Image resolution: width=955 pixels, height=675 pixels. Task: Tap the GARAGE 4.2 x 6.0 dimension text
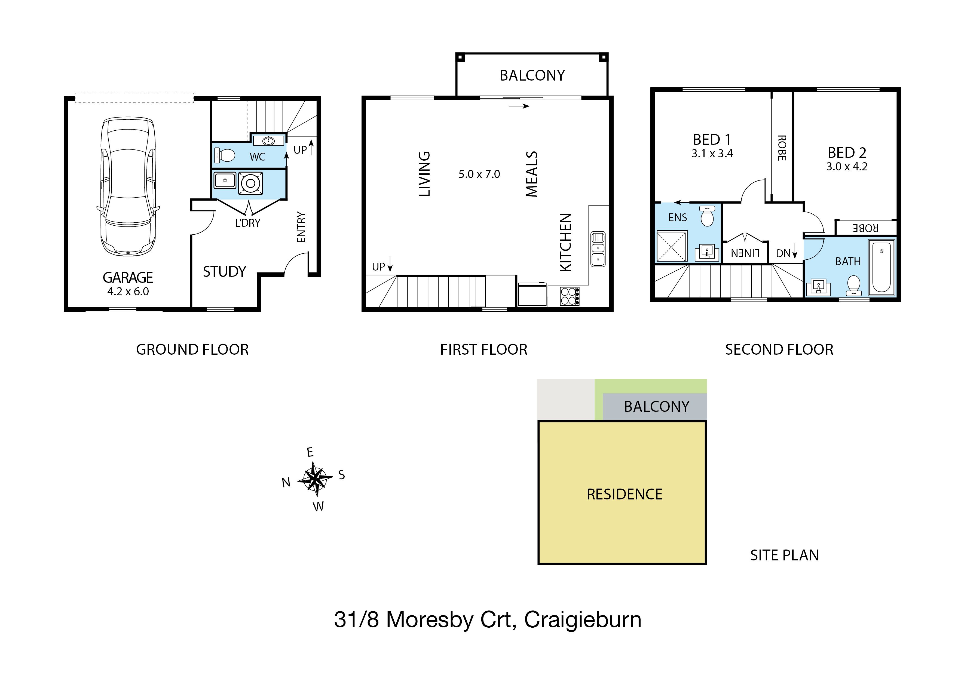point(128,292)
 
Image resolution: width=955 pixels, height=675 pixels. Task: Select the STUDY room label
point(225,272)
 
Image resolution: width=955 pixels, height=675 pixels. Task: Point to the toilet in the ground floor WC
point(225,155)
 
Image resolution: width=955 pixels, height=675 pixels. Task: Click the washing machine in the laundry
point(250,183)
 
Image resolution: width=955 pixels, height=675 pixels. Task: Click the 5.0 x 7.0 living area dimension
point(479,174)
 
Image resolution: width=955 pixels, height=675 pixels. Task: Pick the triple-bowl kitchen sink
point(598,249)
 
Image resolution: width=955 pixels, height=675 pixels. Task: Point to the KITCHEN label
point(566,243)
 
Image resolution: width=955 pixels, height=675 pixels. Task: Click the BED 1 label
point(712,139)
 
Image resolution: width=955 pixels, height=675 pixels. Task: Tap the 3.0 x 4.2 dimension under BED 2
point(847,167)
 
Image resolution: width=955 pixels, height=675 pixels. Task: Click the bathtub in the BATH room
point(881,267)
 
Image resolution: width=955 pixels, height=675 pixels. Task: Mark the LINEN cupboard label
point(745,253)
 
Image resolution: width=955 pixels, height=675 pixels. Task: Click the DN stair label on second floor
point(783,253)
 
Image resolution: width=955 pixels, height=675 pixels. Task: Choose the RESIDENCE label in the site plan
point(624,494)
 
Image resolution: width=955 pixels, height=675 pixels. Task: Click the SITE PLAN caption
point(785,555)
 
